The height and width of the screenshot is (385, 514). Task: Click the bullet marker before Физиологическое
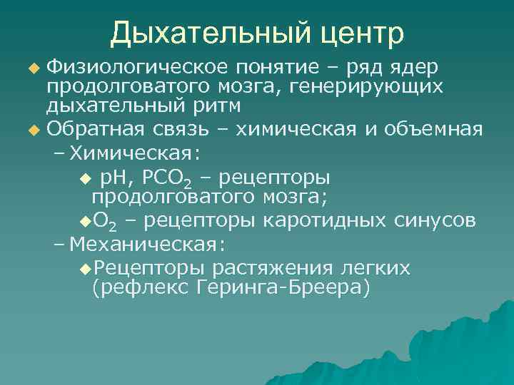32,68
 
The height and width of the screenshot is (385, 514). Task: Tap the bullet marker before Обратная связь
32,130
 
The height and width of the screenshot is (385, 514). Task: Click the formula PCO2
166,178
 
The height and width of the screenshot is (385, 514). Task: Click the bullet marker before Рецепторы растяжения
86,268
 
